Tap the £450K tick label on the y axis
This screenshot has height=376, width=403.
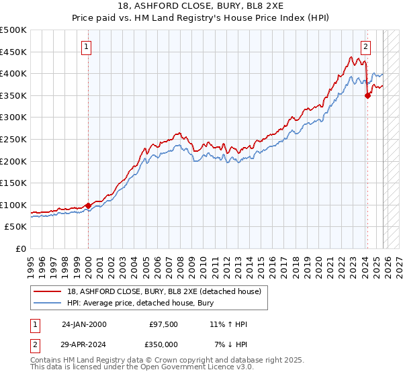click(13, 52)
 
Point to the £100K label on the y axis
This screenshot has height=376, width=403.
click(13, 205)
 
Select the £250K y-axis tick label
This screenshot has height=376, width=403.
click(13, 139)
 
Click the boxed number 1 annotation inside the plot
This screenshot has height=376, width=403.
click(88, 47)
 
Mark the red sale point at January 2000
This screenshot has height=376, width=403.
click(89, 205)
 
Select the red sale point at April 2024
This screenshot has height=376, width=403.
click(367, 95)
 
